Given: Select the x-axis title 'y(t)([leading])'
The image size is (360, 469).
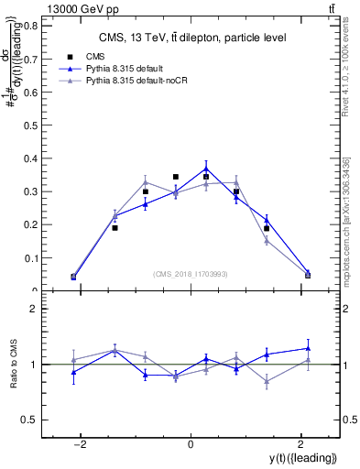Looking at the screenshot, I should (x=302, y=457).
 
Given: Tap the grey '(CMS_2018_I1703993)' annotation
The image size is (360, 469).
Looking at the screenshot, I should (x=191, y=274).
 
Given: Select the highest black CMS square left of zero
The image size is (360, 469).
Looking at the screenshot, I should (x=175, y=177).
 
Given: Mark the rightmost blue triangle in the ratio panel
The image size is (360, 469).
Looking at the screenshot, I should (x=308, y=348).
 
